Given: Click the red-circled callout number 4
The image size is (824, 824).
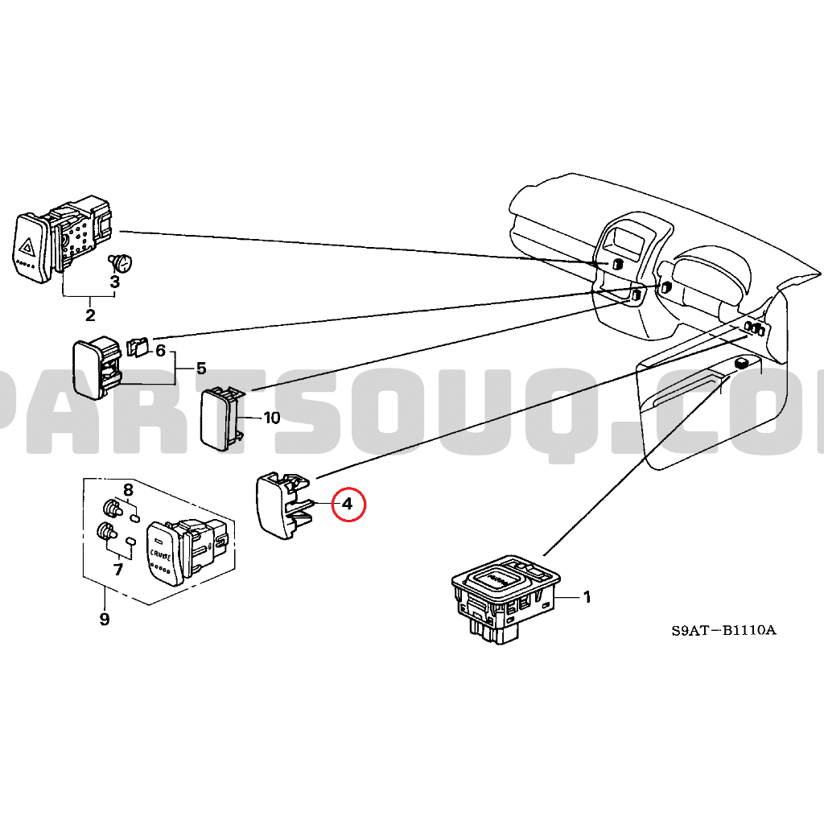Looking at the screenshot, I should tap(347, 505).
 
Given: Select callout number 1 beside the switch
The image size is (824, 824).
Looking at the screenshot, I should tap(587, 597).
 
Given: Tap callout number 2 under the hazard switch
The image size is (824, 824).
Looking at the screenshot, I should tap(90, 315).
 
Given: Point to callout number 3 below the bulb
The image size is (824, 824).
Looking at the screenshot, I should tap(115, 282).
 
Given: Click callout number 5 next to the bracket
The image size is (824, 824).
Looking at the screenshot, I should tap(200, 369).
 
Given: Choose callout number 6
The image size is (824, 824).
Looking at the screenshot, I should tap(160, 351).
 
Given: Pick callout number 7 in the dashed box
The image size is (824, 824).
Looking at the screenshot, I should tap(117, 570).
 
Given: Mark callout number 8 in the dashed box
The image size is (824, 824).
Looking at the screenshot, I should tap(127, 490).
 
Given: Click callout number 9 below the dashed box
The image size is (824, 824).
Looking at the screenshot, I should tap(104, 619).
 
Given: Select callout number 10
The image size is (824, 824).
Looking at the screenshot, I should tap(271, 418).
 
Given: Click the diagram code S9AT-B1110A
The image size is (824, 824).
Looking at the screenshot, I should tap(723, 630).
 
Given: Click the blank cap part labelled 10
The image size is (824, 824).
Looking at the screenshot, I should tap(220, 416).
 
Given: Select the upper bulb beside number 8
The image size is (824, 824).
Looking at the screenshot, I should tap(110, 509).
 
